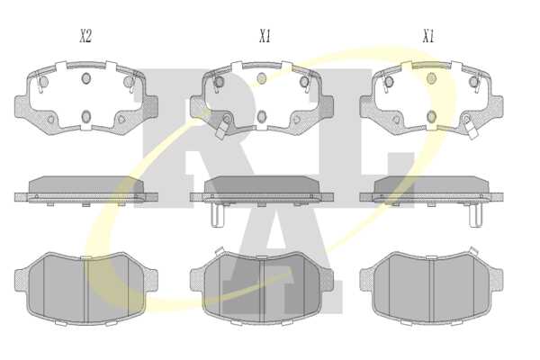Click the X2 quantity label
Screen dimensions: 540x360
click(85, 36)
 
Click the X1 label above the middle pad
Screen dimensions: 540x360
click(265, 36)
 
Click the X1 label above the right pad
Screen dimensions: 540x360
click(428, 36)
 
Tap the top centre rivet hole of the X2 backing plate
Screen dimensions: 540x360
click(86, 78)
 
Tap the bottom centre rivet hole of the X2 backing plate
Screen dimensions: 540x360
click(86, 116)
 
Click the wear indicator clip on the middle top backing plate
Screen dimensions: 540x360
click(221, 130)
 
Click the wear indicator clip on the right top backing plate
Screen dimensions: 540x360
click(472, 130)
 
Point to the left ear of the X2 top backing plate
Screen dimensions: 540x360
click(22, 106)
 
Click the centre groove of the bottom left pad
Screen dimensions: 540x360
click(86, 290)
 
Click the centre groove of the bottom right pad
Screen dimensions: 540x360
click(432, 290)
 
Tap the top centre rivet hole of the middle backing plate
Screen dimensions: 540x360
click(262, 78)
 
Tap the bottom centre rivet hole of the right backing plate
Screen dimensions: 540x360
click(431, 116)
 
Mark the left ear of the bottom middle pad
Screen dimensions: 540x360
click(197, 279)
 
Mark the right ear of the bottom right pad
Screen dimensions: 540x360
click(496, 279)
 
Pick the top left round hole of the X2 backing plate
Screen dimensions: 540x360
click(43, 82)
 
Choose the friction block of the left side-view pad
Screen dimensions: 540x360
click(86, 184)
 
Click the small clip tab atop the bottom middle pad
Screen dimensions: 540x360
click(219, 251)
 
